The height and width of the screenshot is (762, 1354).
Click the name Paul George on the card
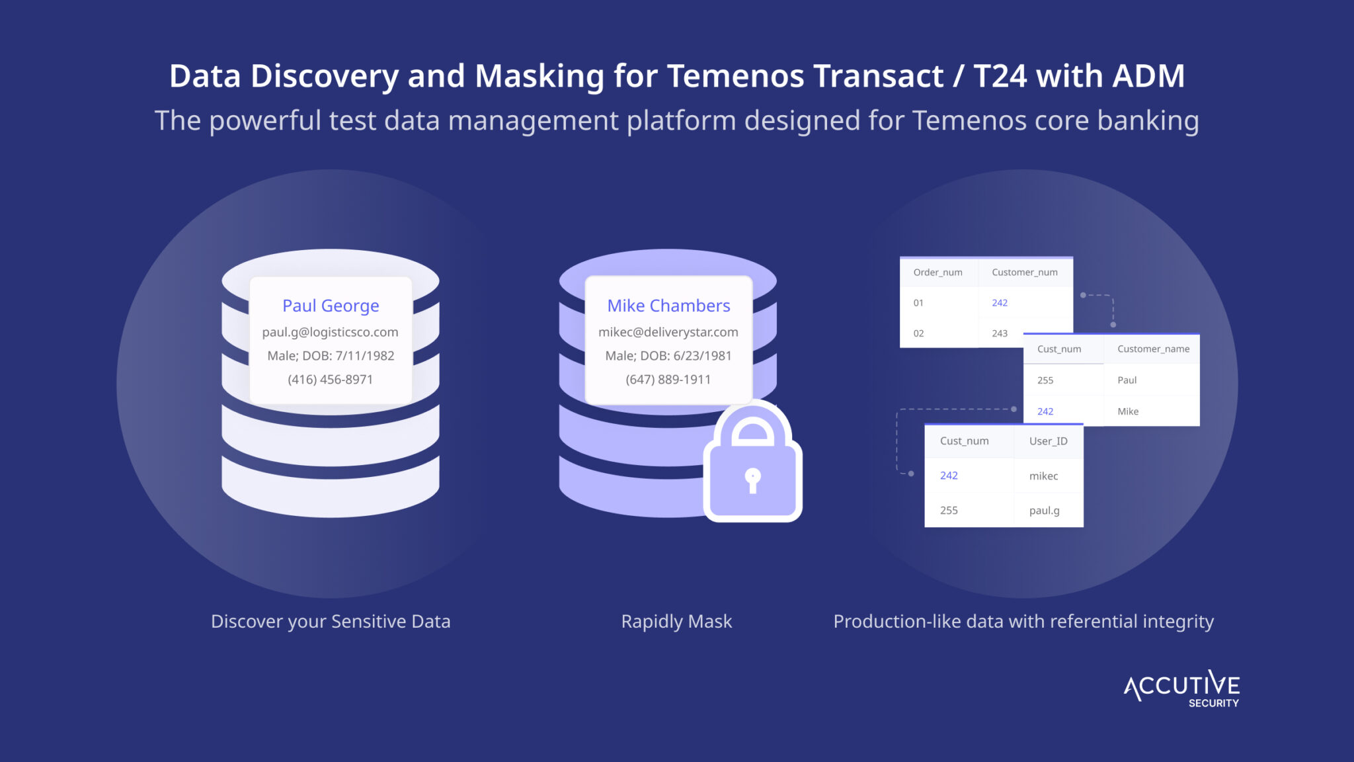click(x=331, y=306)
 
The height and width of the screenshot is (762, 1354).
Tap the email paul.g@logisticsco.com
click(x=331, y=332)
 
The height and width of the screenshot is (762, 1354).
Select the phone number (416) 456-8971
click(x=331, y=380)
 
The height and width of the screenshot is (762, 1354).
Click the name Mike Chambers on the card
click(x=668, y=306)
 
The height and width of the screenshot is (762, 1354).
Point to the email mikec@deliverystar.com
click(x=668, y=332)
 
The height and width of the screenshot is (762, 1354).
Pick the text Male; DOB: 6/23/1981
click(x=668, y=356)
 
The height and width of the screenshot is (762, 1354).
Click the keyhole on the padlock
click(x=752, y=480)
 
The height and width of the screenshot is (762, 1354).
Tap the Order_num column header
click(x=937, y=273)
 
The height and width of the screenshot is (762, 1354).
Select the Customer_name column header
click(x=1153, y=349)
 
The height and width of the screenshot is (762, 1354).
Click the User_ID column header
click(x=1048, y=441)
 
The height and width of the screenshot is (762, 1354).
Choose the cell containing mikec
click(x=1043, y=476)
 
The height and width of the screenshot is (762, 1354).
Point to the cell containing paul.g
click(x=1044, y=511)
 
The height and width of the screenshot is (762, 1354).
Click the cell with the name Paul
click(x=1127, y=380)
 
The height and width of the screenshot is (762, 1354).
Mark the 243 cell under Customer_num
click(x=1000, y=333)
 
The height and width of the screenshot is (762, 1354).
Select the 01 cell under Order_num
click(x=918, y=303)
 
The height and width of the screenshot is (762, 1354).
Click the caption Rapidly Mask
click(x=676, y=622)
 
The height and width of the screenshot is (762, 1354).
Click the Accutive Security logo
click(x=1181, y=689)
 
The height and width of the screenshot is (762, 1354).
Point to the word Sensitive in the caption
click(x=369, y=622)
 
